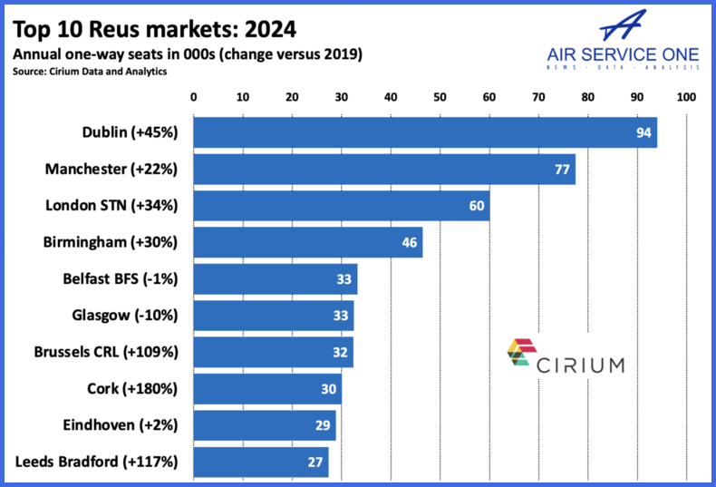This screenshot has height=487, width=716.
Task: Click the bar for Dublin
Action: point(424,132)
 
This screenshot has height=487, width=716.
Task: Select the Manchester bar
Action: point(383,169)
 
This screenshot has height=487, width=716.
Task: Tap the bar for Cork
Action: point(267,388)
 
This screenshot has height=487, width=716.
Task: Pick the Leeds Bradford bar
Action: point(261,462)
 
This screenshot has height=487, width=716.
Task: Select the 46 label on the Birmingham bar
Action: point(410,242)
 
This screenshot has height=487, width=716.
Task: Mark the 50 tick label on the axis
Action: point(440,96)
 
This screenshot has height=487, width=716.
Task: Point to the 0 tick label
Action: point(193,96)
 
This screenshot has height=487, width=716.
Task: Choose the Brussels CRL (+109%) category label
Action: point(106,352)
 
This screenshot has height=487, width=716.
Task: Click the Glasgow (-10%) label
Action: point(125,316)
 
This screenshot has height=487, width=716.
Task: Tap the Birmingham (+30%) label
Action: point(111,242)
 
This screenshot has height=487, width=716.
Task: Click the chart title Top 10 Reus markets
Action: point(155,29)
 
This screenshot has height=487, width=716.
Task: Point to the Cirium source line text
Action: point(90,72)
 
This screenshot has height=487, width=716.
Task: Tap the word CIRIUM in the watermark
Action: point(580,365)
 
